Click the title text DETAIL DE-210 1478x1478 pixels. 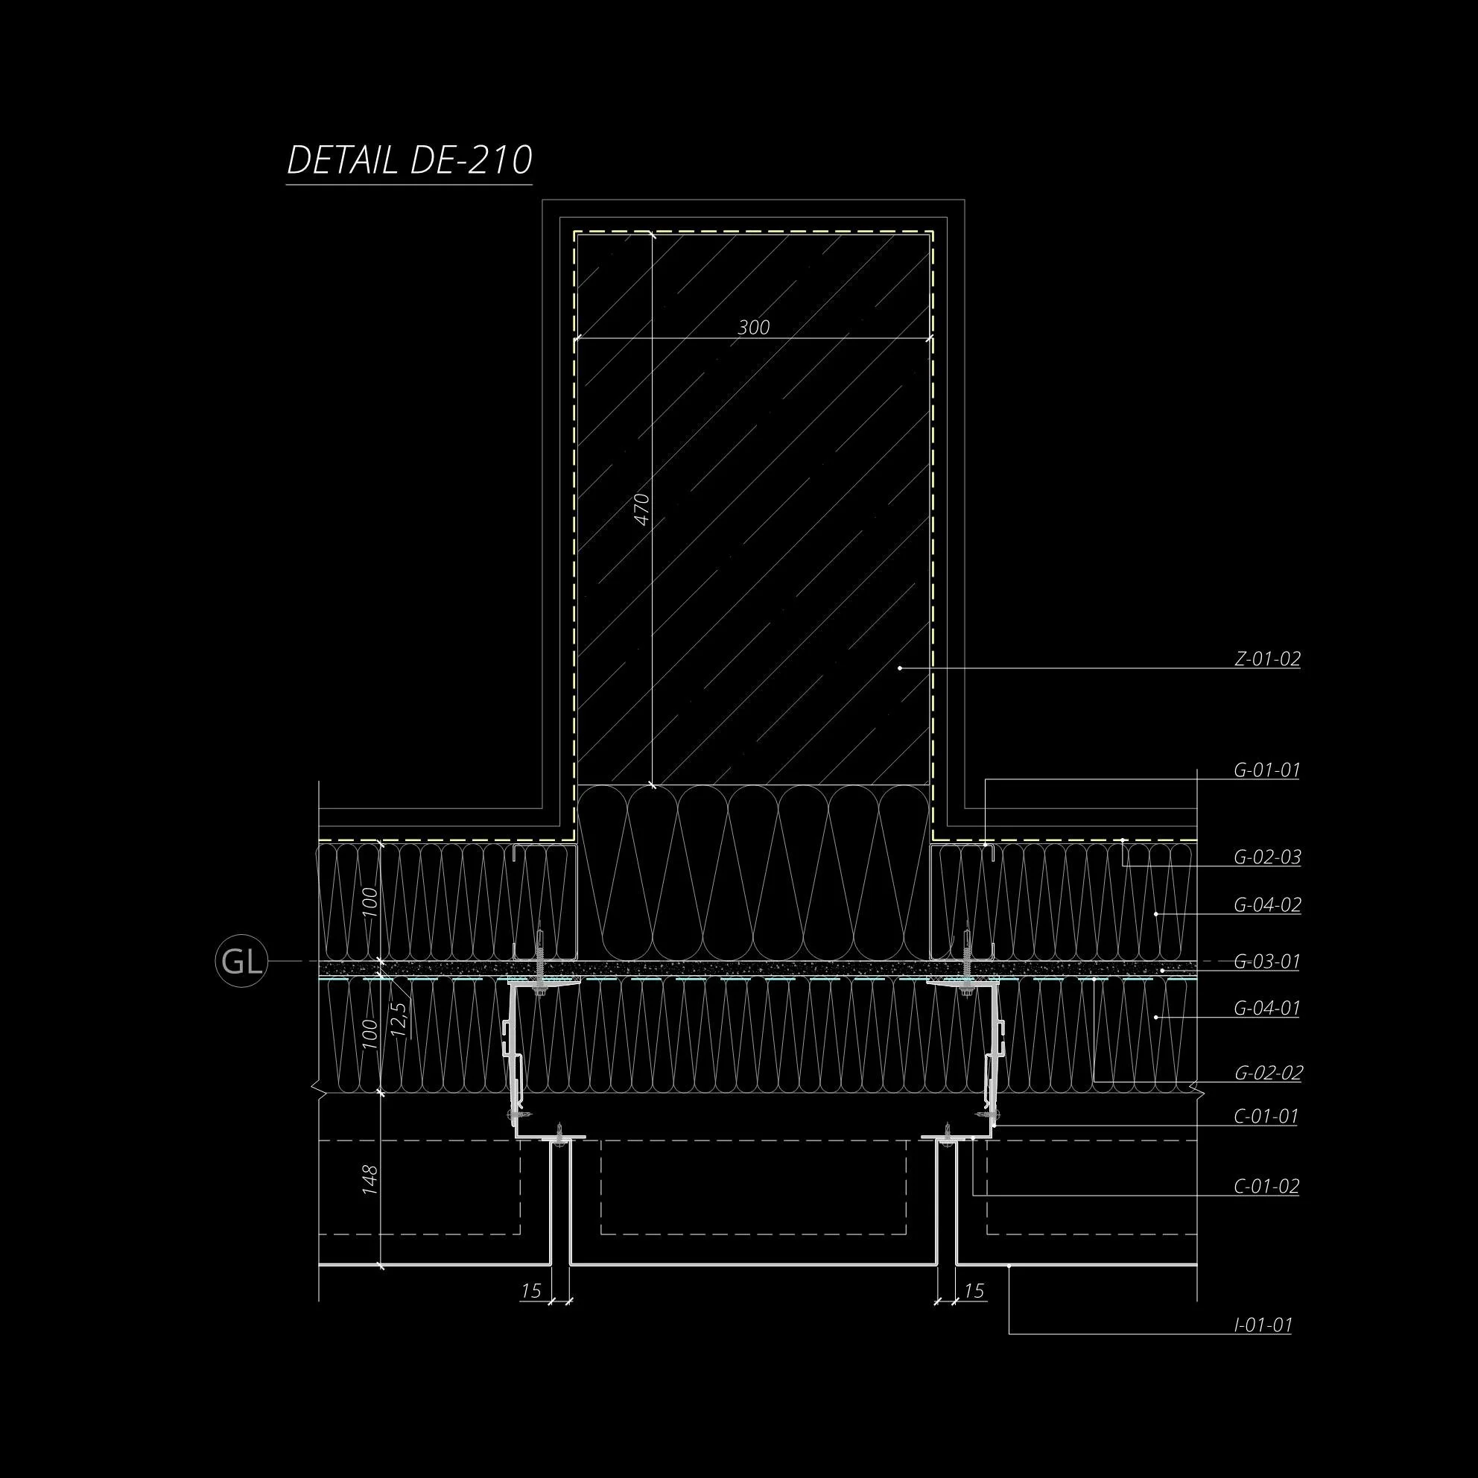409,161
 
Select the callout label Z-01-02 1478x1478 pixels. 1267,659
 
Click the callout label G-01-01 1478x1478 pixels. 1267,770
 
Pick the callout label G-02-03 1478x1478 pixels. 1267,857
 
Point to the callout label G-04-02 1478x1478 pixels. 1267,905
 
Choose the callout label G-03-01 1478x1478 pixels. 1267,962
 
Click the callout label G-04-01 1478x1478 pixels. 1267,1008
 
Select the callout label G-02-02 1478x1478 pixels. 1268,1073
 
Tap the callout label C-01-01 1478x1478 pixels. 1266,1116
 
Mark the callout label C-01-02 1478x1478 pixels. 1266,1187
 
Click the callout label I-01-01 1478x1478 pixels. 1263,1325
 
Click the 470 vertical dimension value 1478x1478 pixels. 643,509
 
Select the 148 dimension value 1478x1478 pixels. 369,1180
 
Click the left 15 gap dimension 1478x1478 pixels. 531,1291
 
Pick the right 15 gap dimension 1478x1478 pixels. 973,1291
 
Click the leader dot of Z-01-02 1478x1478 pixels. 900,667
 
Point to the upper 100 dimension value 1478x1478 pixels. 369,903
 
